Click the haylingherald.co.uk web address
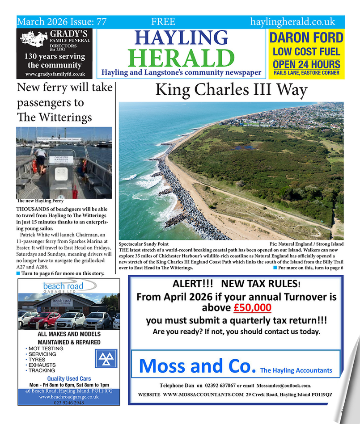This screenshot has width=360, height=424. click(x=292, y=21)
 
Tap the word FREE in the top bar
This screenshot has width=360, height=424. click(x=163, y=21)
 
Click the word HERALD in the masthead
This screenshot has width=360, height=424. click(x=184, y=58)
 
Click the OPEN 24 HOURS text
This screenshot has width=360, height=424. click(x=306, y=64)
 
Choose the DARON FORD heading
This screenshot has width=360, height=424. click(x=306, y=38)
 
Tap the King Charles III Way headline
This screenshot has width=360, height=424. click(x=231, y=90)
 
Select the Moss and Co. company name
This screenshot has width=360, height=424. click(x=198, y=366)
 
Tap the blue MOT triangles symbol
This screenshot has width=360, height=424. click(x=104, y=358)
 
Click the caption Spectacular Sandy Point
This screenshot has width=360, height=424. click(x=144, y=244)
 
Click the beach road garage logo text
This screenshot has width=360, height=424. click(x=63, y=286)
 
